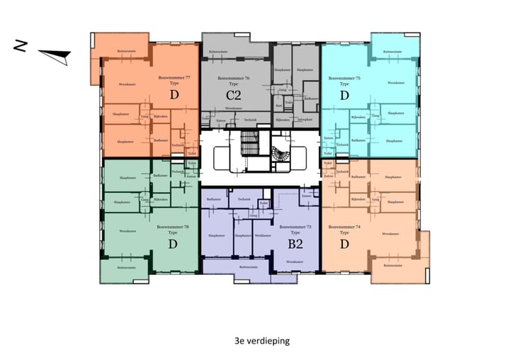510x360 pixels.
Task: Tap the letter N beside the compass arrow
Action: pos(22,47)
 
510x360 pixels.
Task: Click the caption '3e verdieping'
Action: pos(261,341)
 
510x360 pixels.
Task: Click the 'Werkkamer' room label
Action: pos(263,235)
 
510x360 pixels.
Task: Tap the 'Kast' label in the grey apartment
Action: pos(279,106)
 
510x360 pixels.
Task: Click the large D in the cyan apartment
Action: pos(344,95)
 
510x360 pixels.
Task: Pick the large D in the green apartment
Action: pos(172,244)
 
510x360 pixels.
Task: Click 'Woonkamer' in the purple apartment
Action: pos(295,262)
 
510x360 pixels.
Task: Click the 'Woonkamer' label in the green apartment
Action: pos(127,231)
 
